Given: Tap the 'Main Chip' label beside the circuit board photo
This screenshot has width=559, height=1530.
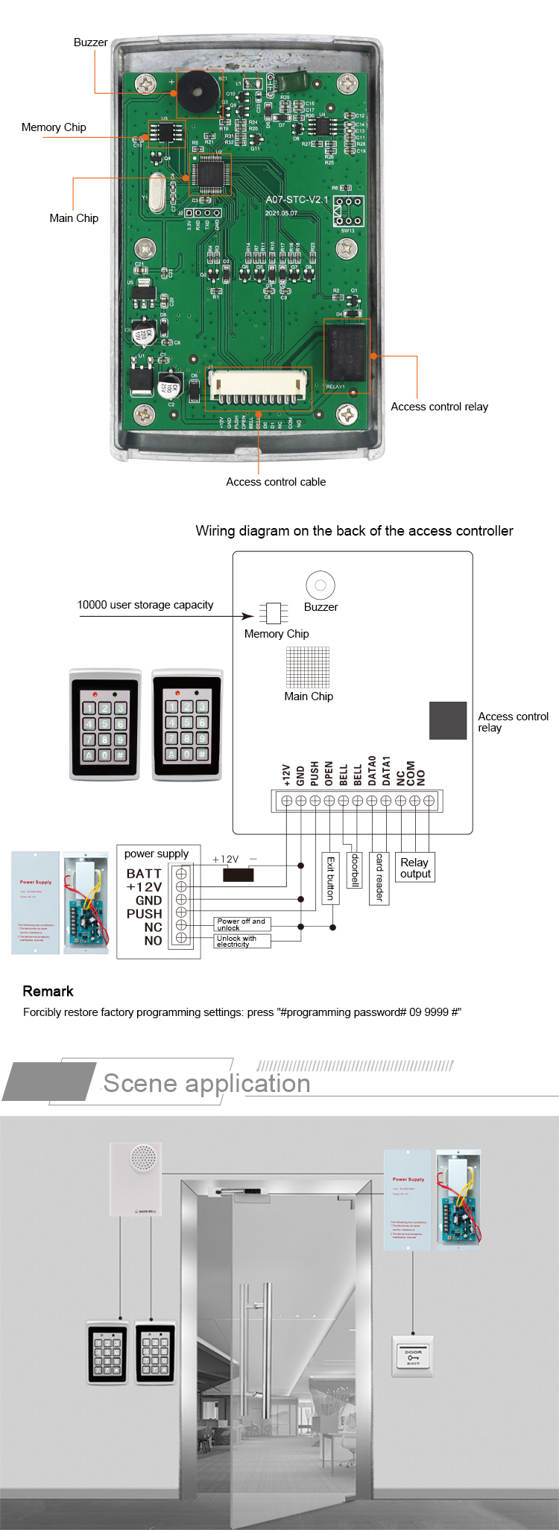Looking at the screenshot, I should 74,218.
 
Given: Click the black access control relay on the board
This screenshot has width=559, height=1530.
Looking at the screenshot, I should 346,352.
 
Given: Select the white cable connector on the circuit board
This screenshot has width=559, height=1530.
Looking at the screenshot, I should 258,387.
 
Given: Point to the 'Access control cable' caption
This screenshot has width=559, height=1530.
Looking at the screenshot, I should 276,482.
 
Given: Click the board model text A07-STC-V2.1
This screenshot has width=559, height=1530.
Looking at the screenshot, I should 297,200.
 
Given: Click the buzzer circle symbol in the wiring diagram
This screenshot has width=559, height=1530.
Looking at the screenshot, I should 320,585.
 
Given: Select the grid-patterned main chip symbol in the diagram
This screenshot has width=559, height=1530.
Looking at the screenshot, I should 308,667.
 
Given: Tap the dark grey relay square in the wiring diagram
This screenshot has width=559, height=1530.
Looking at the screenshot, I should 448,720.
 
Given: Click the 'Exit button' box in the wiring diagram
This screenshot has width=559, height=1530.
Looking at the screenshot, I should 330,878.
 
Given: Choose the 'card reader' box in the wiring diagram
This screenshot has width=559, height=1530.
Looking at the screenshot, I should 379,878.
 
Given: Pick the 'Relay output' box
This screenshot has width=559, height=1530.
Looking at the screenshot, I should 415,868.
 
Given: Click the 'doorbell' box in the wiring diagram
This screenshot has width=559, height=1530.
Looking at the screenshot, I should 356,870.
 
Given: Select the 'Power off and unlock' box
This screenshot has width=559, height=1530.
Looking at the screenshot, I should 242,924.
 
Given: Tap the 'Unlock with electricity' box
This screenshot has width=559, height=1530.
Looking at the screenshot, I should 242,942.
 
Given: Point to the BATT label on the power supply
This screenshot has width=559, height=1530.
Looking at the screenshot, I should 144,873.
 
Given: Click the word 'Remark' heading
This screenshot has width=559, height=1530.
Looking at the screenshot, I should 48,991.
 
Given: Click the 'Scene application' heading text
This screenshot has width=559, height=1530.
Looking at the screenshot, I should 206,1083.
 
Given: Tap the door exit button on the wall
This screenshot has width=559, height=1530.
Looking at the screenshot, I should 413,1356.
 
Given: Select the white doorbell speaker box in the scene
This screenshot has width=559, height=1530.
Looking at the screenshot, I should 136,1178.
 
